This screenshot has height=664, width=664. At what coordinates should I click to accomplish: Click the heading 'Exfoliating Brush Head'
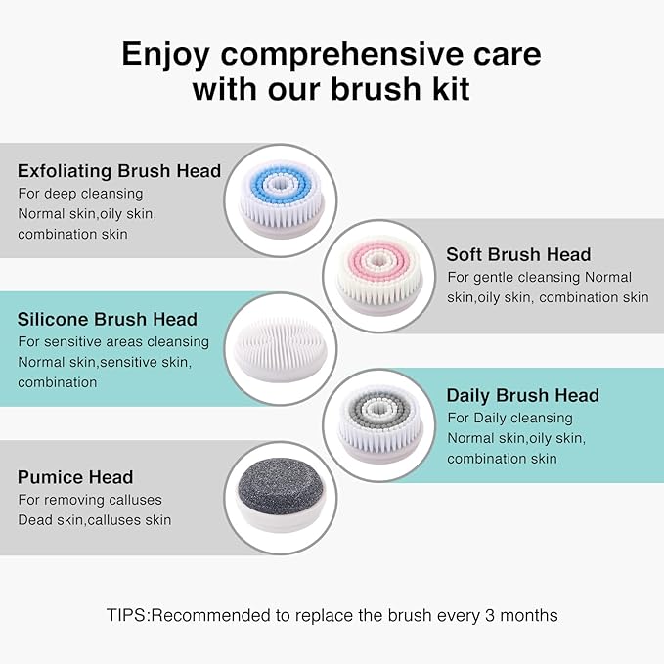(119, 171)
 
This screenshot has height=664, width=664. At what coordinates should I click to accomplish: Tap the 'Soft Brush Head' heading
(518, 254)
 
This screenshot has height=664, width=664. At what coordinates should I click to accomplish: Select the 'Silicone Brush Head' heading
(108, 319)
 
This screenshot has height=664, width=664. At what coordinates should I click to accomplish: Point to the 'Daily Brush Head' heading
(522, 395)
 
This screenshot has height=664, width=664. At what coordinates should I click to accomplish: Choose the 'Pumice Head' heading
(75, 477)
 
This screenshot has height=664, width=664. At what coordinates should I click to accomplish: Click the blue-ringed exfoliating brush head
(281, 199)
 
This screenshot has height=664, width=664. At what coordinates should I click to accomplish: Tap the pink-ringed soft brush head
(379, 276)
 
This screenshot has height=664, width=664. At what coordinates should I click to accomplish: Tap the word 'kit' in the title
(444, 89)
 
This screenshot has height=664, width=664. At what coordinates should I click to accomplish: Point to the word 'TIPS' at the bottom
(127, 615)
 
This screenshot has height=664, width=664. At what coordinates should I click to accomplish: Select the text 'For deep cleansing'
(80, 193)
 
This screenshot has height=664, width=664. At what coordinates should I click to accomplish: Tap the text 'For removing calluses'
(90, 500)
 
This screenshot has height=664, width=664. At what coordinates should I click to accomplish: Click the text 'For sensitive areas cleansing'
(113, 341)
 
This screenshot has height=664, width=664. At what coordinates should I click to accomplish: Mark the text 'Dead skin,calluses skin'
(94, 519)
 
